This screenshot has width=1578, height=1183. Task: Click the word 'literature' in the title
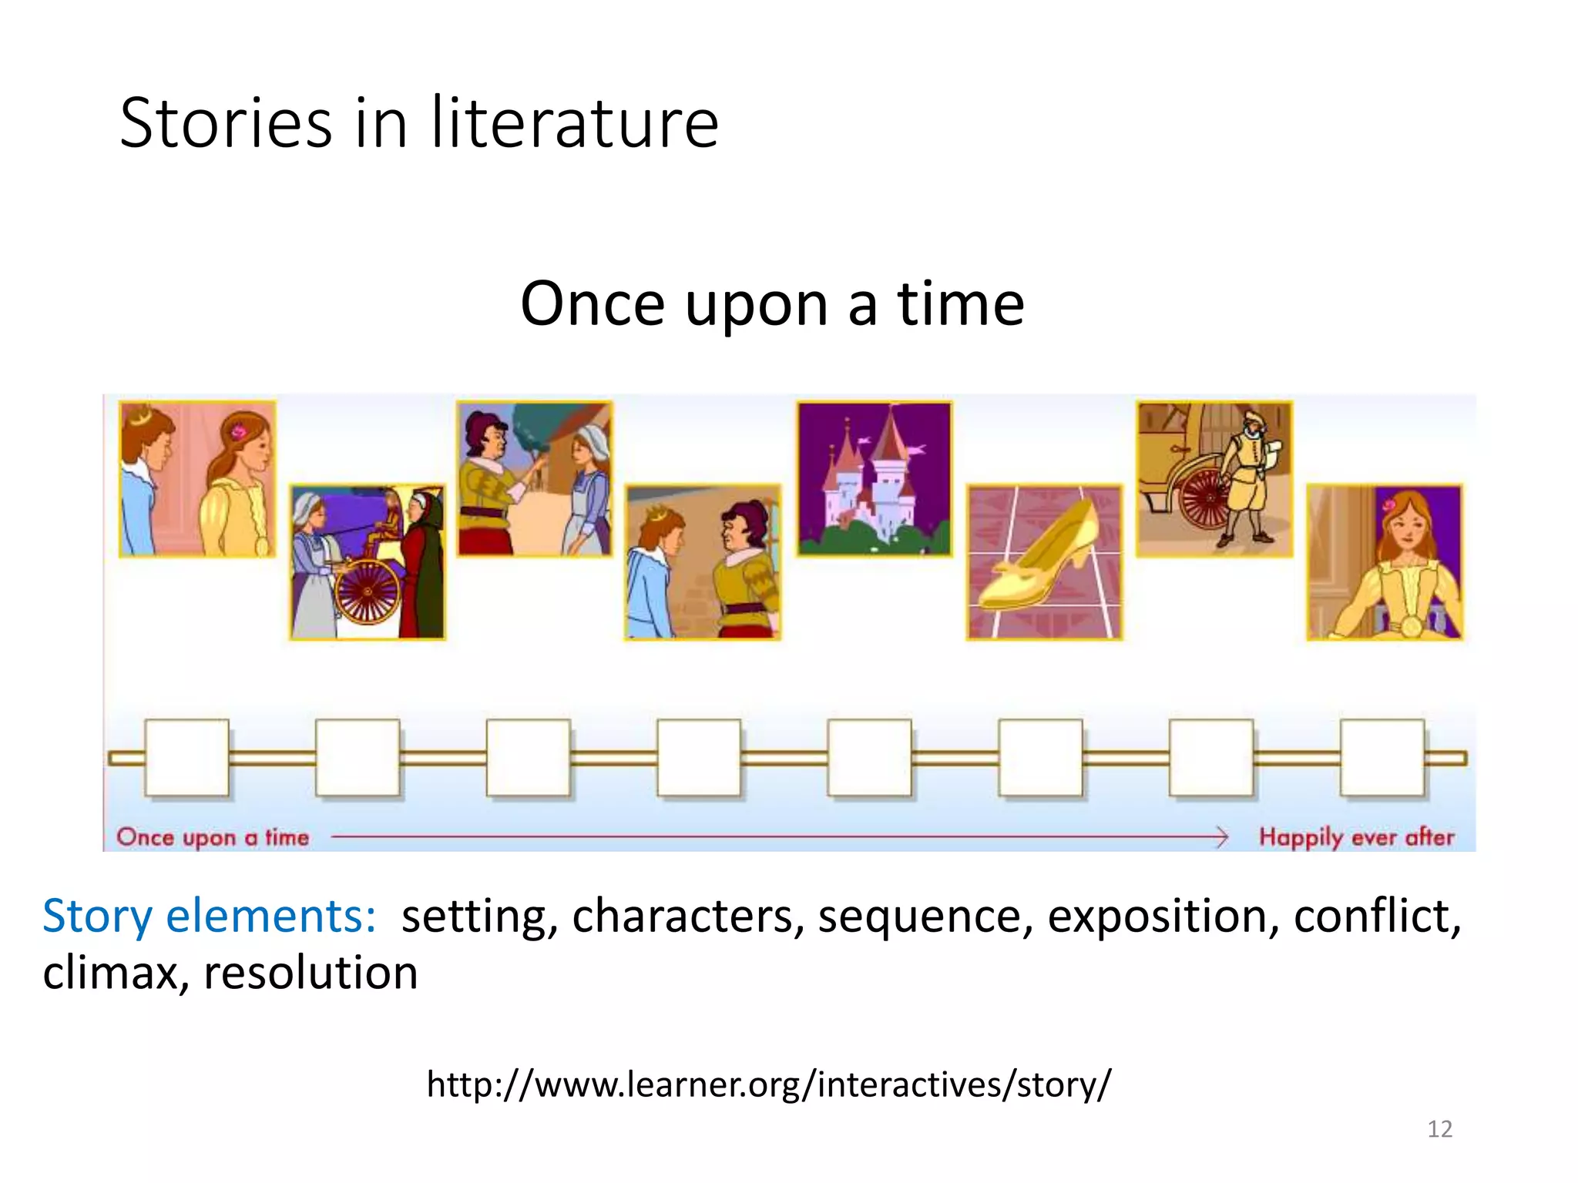(x=574, y=123)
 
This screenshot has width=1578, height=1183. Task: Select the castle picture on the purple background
(x=875, y=478)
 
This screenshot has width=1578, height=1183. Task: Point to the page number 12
(x=1439, y=1129)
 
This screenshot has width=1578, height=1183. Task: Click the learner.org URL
(x=769, y=1084)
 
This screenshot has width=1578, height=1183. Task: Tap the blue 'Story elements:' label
(x=209, y=917)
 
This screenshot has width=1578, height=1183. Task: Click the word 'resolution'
(x=311, y=973)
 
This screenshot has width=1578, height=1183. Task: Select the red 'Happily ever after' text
(x=1356, y=837)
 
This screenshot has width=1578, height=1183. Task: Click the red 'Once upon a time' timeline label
(x=213, y=837)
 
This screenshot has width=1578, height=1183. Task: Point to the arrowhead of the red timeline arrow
(x=1222, y=836)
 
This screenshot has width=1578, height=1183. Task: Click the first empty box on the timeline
(x=187, y=758)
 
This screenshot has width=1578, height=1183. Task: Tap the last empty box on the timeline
(x=1382, y=758)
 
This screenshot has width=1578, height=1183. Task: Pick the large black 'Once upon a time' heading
(x=772, y=304)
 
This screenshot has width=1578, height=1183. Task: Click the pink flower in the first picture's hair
(x=238, y=432)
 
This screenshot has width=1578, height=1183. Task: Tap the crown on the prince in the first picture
(x=139, y=417)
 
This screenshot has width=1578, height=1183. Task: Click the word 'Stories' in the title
(x=226, y=123)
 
